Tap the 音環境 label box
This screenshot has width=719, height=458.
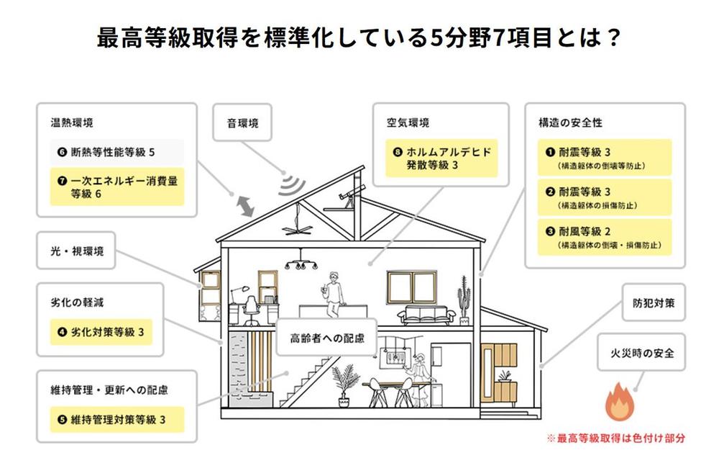tap(243, 123)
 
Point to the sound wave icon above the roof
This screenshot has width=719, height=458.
tap(290, 183)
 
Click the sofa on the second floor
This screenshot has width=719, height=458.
tap(428, 313)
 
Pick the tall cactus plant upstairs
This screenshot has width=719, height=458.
tap(464, 302)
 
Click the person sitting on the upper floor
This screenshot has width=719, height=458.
tap(334, 292)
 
